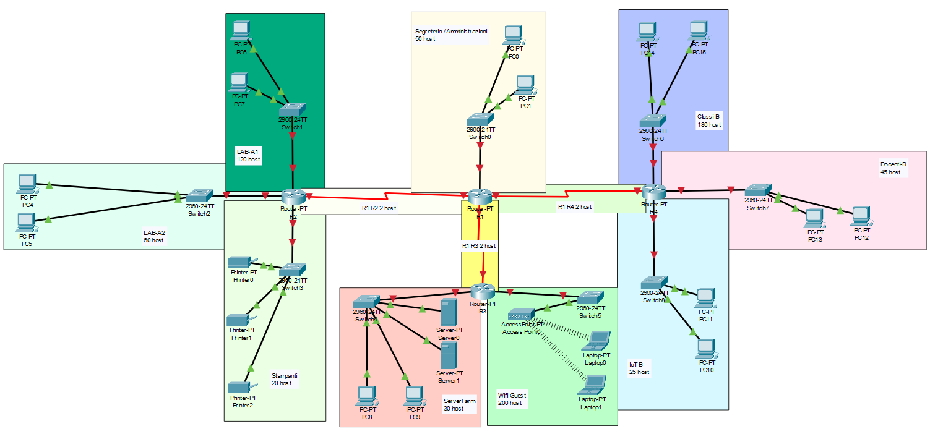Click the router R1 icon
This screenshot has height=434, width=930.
pyautogui.click(x=479, y=197)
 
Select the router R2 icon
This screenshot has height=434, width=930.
pyautogui.click(x=293, y=197)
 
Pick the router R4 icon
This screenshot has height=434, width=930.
pyautogui.click(x=653, y=192)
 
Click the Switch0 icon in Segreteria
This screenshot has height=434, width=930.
pyautogui.click(x=480, y=119)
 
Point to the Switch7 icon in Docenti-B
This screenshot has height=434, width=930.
pyautogui.click(x=757, y=189)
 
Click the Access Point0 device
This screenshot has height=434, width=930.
pyautogui.click(x=521, y=315)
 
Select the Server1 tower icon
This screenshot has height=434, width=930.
pyautogui.click(x=449, y=355)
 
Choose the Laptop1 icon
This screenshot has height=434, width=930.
pyautogui.click(x=593, y=385)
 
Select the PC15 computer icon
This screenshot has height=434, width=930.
pyautogui.click(x=698, y=30)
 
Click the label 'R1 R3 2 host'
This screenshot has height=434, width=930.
pyautogui.click(x=479, y=245)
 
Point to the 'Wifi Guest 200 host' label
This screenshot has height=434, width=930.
pyautogui.click(x=510, y=399)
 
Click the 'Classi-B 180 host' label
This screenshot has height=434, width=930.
pyautogui.click(x=709, y=120)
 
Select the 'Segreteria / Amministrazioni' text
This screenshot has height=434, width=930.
pyautogui.click(x=451, y=31)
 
